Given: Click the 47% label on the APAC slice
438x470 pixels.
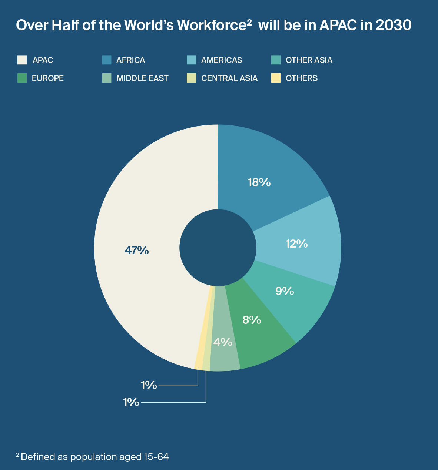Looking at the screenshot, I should coord(136,251).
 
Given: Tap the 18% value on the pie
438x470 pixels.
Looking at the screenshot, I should coord(259,182).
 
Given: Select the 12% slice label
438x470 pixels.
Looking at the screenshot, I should coord(296,244).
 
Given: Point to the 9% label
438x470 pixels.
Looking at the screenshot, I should coord(285,291).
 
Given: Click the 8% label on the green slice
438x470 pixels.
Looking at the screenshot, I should coord(252,320).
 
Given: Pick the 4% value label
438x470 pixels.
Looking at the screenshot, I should coord(223,342).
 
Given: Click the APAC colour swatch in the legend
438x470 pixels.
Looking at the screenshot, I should coord(22,60).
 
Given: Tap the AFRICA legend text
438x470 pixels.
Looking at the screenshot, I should coord(130,60).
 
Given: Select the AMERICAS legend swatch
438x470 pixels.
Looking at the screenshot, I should coord(192,60).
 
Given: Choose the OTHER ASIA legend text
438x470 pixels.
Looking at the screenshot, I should coord(309,60).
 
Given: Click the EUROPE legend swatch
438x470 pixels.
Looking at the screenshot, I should coord(22,78).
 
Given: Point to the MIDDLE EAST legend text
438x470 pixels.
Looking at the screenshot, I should coord(142,78).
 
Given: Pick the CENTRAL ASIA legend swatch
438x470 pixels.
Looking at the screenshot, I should coord(192,78).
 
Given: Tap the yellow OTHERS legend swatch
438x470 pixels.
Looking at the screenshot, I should coord(276,78).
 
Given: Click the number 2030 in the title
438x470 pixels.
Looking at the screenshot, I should coord(393,25).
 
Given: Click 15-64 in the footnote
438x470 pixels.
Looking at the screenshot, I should coord(158,457).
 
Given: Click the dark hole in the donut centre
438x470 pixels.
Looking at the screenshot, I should coord(218,248).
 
